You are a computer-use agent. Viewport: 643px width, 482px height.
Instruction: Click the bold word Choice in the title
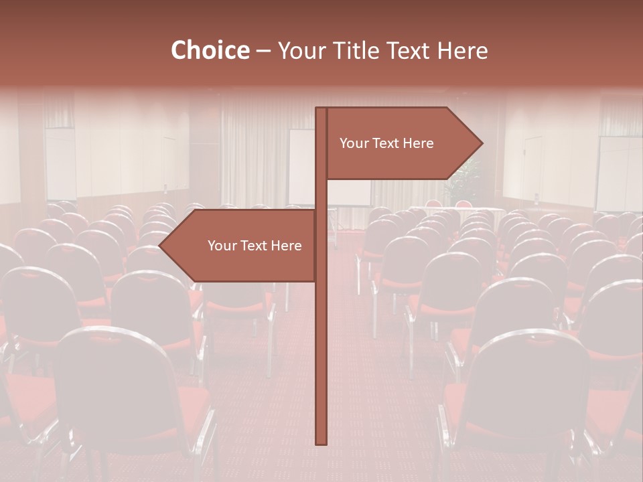210,50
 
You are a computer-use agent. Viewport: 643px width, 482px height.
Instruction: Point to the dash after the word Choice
263,52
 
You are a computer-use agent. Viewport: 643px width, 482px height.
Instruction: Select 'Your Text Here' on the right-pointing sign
386,143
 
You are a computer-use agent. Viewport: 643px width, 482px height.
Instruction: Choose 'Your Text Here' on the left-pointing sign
255,246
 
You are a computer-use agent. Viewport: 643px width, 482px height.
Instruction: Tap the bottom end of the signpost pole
321,442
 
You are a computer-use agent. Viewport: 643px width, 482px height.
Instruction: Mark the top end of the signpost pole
321,110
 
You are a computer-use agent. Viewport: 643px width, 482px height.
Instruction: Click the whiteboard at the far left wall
60,164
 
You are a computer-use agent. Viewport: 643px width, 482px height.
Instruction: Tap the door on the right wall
533,167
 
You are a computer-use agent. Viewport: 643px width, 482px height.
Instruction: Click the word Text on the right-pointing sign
388,143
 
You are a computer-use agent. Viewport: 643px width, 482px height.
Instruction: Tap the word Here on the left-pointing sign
287,246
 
